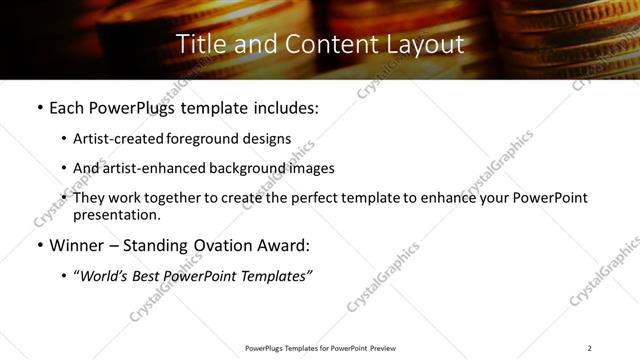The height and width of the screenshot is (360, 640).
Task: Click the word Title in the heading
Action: (197, 45)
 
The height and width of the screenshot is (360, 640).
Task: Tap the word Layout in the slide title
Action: (426, 45)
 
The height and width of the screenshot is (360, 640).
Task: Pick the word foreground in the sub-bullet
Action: (208, 139)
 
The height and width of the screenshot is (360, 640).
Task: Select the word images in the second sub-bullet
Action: (308, 168)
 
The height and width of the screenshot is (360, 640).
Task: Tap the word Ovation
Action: (230, 246)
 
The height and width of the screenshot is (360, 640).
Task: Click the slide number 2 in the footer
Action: (590, 348)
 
